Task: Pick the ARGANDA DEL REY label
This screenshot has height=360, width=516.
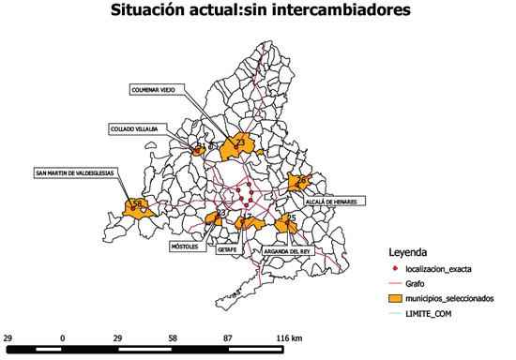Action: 286,251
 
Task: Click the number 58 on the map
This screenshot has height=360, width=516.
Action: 137,203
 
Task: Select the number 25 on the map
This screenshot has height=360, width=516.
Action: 292,217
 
